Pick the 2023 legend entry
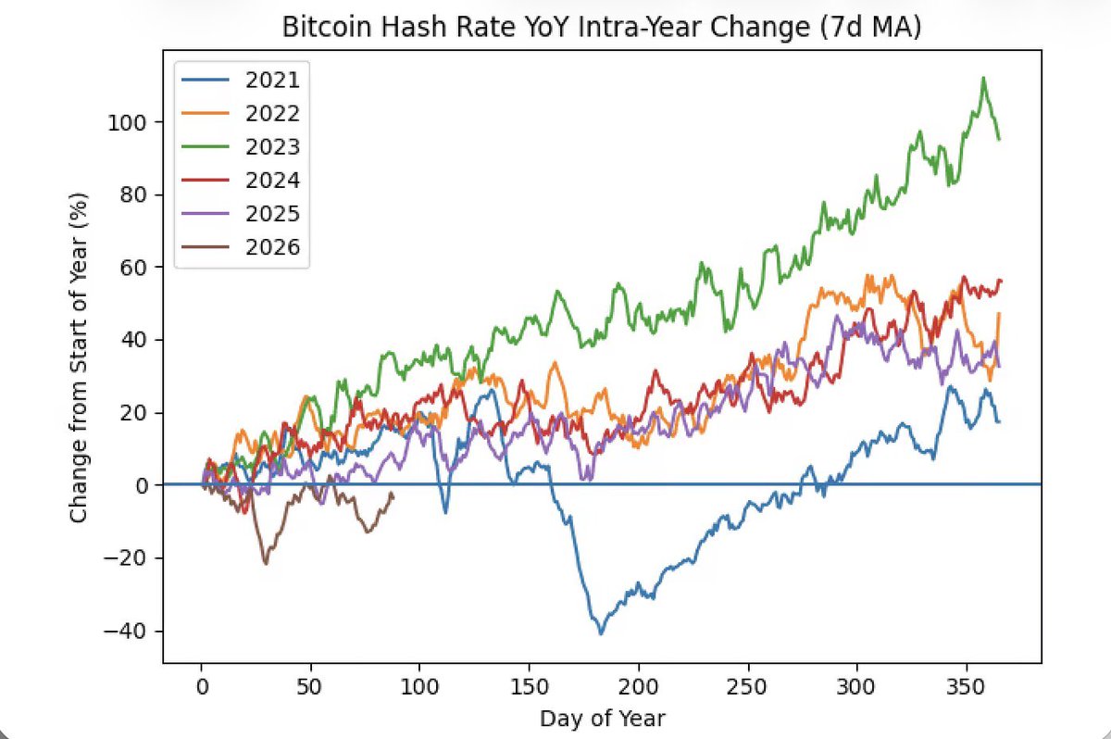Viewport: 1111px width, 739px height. pos(272,147)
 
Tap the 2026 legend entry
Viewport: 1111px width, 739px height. pos(272,247)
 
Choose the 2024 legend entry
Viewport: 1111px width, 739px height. pos(272,181)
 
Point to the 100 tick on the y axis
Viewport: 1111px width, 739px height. pos(125,122)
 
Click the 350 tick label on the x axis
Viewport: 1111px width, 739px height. pos(967,688)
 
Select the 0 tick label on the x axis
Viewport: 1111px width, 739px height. pos(202,688)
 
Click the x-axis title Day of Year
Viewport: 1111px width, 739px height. pos(603,718)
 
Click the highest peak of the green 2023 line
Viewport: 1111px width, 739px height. pos(983,78)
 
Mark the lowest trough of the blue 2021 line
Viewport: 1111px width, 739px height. pos(601,633)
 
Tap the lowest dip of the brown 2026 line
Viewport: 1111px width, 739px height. pos(267,563)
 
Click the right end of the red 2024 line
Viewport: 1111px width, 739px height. pos(1001,281)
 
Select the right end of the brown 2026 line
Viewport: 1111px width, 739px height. pos(393,494)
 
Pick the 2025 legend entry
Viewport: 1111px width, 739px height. pos(272,214)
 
